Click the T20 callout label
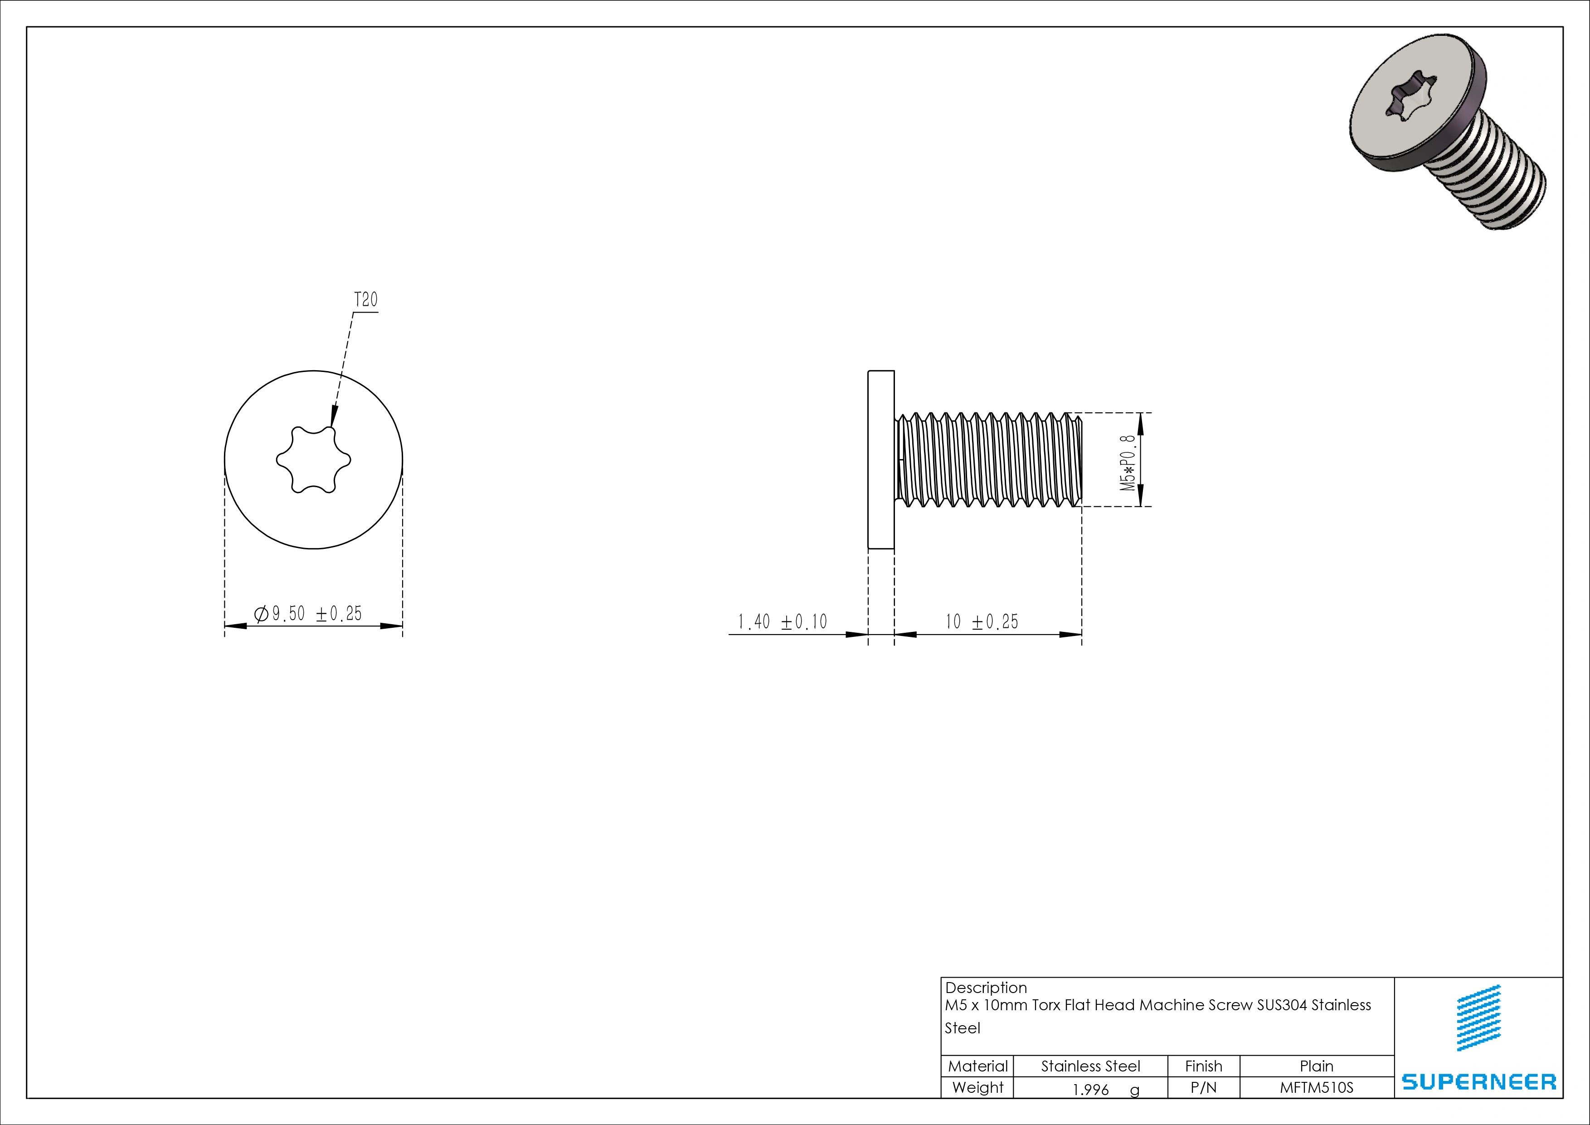coord(365,300)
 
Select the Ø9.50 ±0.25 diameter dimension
coord(309,614)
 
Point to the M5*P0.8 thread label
coord(1129,463)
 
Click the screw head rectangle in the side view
coord(881,459)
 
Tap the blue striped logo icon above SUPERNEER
coord(1478,1017)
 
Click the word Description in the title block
coord(986,987)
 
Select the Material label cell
coord(977,1066)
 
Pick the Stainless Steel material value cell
coord(1090,1066)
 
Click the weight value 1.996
coord(1091,1090)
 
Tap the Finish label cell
coord(1204,1066)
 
